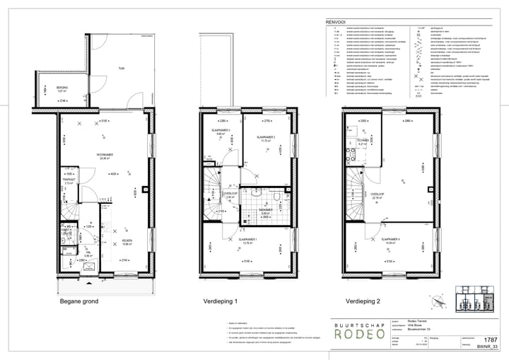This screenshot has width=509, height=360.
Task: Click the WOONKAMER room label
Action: [106, 155]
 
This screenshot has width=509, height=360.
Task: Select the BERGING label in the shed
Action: [62, 88]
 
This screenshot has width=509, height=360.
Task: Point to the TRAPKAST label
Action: [69, 180]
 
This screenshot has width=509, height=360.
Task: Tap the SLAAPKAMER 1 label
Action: [247, 240]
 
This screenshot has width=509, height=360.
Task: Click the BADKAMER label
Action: [265, 209]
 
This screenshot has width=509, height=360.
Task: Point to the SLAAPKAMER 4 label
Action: [390, 239]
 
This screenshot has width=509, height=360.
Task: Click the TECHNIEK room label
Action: [363, 141]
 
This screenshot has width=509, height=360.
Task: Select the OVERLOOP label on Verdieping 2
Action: [376, 194]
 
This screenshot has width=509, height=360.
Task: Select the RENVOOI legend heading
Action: [334, 23]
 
